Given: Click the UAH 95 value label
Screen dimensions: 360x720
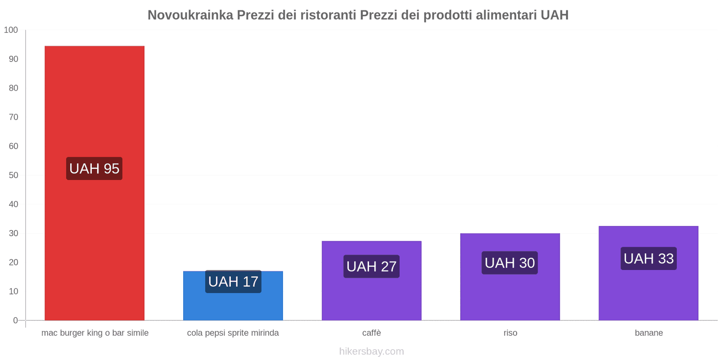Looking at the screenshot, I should tap(94, 169).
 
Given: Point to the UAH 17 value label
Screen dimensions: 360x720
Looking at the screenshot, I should tap(233, 282).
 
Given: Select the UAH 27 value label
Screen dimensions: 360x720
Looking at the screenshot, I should tap(372, 266).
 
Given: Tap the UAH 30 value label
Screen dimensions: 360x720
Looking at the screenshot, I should tap(510, 263).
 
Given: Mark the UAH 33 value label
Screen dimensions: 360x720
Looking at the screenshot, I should tap(648, 259).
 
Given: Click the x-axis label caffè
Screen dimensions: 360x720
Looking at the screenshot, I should tap(372, 333).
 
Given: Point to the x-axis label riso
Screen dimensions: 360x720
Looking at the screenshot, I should tap(510, 333).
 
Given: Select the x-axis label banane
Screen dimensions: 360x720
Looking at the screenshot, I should tap(648, 333).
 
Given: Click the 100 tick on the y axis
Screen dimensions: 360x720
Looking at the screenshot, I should tap(11, 30).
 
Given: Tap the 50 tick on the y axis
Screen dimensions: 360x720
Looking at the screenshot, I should tap(13, 175).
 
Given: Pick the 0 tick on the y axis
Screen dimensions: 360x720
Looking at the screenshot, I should tap(15, 320).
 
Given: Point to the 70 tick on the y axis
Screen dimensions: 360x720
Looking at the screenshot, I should tap(13, 117).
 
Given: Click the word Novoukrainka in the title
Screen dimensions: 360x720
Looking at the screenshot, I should tap(190, 15).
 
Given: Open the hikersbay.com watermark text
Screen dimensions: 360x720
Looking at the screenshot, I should tap(372, 351).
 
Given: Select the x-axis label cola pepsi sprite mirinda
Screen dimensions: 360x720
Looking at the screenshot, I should tap(233, 333).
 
